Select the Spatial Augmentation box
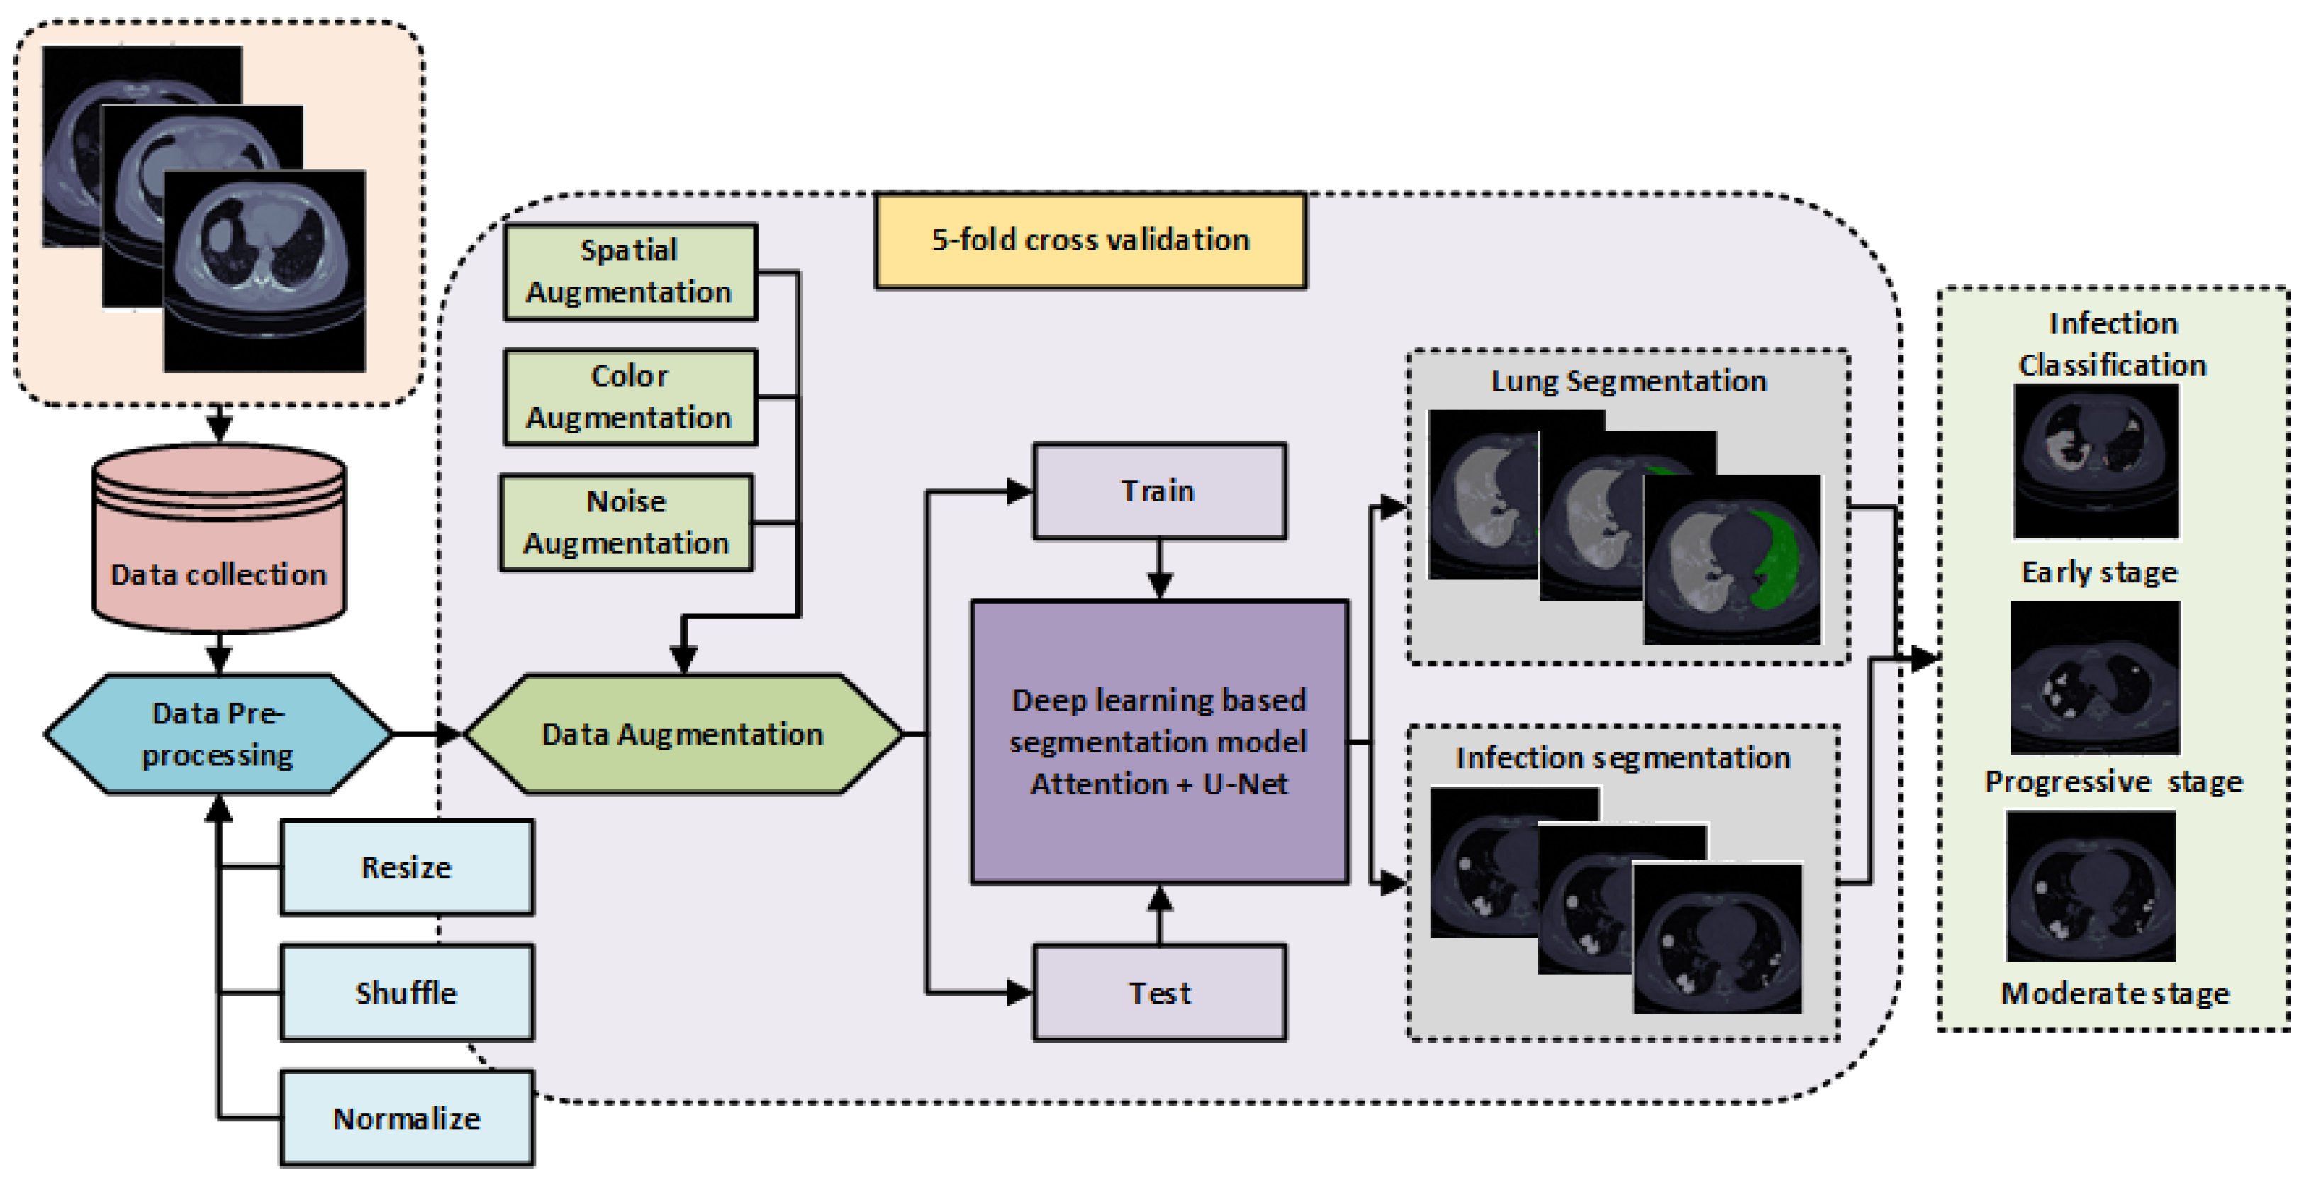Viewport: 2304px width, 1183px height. pos(630,272)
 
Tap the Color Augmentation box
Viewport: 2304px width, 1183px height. pos(630,397)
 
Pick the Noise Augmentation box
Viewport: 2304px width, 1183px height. pos(626,523)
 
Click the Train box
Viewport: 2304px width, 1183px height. pos(1159,491)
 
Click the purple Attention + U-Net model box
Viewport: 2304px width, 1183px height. pos(1159,741)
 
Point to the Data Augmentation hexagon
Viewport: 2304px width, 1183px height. pos(683,734)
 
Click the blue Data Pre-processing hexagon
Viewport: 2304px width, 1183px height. pos(218,734)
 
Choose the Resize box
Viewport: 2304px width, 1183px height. pos(407,867)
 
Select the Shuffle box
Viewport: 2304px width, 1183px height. pos(407,992)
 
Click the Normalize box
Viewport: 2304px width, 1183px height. pos(407,1118)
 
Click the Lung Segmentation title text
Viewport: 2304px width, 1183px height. pos(1628,381)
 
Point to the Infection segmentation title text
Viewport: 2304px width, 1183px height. pos(1623,758)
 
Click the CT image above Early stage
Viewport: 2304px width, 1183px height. pos(2096,462)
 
